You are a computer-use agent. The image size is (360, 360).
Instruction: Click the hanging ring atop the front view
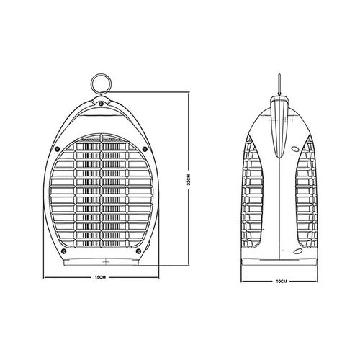(x=91, y=84)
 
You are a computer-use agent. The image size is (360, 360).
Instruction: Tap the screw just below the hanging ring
(x=101, y=104)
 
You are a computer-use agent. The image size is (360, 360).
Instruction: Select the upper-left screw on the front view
(x=57, y=149)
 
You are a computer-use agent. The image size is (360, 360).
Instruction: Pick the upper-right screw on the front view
(x=145, y=149)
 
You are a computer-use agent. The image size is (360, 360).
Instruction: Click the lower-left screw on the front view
(x=63, y=251)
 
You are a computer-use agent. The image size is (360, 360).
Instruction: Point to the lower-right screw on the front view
(x=138, y=251)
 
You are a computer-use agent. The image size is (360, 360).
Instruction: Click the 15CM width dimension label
(x=100, y=277)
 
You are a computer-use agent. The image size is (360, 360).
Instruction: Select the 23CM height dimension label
(x=189, y=179)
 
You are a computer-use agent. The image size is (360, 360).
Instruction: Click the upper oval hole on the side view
(x=295, y=149)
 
